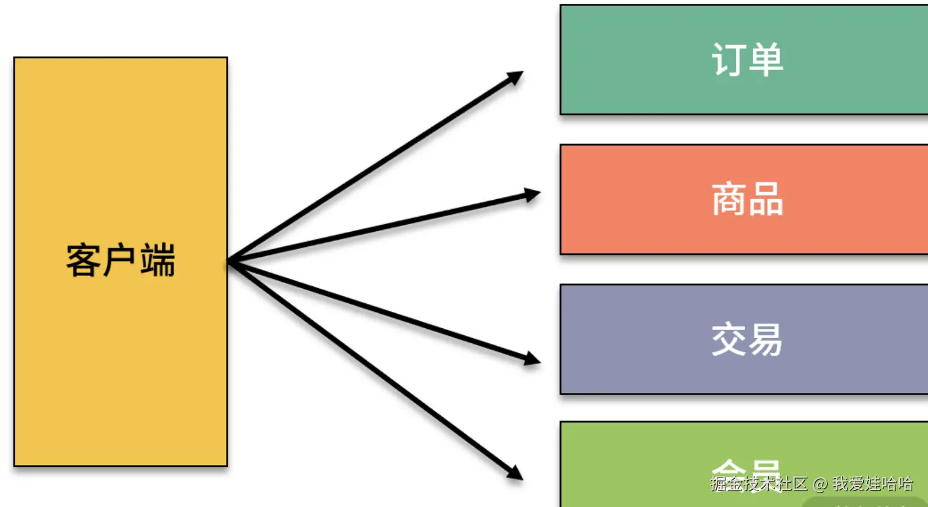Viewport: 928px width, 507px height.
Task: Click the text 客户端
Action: [121, 261]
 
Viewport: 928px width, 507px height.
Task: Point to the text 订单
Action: [747, 60]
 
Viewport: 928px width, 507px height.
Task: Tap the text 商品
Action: [747, 199]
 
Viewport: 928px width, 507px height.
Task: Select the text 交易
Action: [747, 339]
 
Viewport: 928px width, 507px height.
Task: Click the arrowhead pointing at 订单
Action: [515, 77]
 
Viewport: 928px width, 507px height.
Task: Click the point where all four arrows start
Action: [229, 262]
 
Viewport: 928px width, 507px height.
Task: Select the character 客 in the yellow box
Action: [83, 261]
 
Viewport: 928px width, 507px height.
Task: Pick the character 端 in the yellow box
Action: [158, 261]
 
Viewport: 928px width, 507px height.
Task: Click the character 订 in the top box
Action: [729, 60]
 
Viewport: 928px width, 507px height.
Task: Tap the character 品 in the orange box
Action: [766, 199]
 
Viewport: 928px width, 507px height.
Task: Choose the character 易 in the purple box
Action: [766, 339]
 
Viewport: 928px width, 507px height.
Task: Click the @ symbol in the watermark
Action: [821, 485]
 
